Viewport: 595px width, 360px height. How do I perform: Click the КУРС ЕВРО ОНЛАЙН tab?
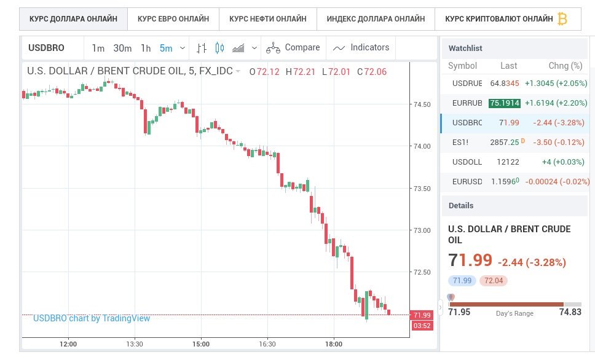coord(173,19)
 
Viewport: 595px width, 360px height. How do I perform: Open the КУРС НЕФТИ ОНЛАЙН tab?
coord(267,19)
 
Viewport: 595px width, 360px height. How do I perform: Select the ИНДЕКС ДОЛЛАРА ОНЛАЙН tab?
coord(376,19)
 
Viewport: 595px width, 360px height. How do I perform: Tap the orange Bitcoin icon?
coord(562,19)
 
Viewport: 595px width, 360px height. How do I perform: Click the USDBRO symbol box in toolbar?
coord(47,48)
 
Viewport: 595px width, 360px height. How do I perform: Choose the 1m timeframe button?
coord(98,48)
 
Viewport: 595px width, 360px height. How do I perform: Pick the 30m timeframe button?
coord(122,48)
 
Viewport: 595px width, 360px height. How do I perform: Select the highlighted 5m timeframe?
coord(165,48)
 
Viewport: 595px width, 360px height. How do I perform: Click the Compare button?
coord(293,48)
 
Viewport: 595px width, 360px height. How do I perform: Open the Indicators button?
coord(361,48)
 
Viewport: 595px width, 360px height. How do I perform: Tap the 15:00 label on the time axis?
coord(201,344)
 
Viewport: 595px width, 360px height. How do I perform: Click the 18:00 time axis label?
coord(333,344)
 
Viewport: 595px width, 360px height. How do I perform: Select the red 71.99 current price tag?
coord(423,315)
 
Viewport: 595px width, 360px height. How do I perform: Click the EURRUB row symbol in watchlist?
coord(467,103)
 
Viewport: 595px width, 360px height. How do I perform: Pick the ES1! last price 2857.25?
coord(505,142)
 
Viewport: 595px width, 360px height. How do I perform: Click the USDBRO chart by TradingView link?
coord(92,318)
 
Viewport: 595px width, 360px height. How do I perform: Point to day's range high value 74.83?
coord(570,312)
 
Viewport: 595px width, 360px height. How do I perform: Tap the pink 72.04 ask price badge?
coord(494,281)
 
